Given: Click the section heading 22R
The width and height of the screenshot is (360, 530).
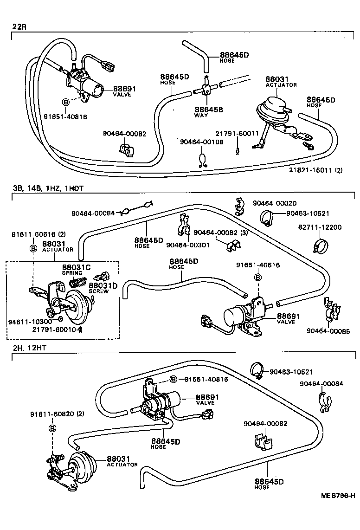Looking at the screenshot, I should [x=19, y=26].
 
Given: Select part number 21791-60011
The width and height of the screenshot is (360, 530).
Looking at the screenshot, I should [x=236, y=133].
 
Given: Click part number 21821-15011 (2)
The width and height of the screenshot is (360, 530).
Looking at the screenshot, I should [x=316, y=170].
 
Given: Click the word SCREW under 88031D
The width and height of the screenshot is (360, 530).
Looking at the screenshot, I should [x=99, y=291].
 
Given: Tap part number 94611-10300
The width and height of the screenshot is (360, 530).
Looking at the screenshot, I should [x=26, y=321].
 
